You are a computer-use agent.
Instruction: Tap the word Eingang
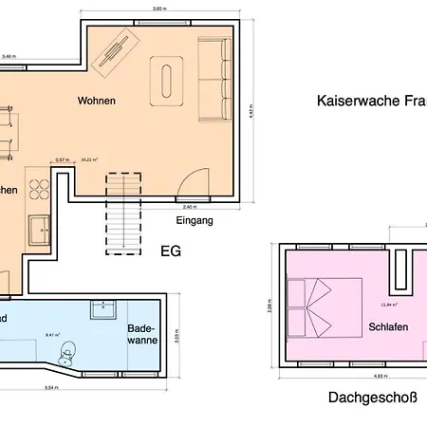[195, 220]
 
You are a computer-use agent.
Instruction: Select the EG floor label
[170, 251]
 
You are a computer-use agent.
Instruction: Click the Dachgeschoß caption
[372, 399]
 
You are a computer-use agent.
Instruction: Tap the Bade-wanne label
[141, 335]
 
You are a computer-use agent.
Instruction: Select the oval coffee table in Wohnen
[171, 77]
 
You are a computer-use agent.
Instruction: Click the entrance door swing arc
[194, 181]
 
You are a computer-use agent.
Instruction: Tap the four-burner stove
[39, 189]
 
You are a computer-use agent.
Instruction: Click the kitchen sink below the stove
[41, 229]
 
